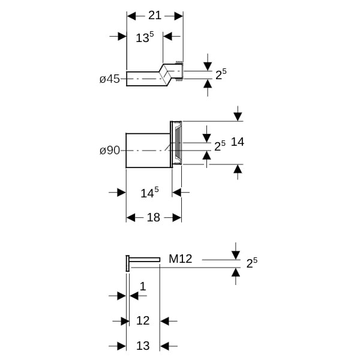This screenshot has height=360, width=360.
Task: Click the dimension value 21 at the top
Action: (x=155, y=16)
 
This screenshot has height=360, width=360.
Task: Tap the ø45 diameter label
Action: (x=110, y=79)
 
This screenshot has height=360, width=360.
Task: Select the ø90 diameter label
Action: (x=110, y=150)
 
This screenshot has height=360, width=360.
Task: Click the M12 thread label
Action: (x=180, y=259)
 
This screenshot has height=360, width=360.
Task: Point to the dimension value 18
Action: (x=154, y=217)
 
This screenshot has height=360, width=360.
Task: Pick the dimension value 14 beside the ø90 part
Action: (x=238, y=142)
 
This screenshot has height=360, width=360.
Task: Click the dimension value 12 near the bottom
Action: (x=143, y=320)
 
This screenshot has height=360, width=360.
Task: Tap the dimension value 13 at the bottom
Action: (x=143, y=346)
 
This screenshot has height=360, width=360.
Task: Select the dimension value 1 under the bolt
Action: (x=143, y=286)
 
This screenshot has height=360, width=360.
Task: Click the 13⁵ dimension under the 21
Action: (x=145, y=38)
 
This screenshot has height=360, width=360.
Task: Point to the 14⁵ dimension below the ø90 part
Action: (x=149, y=193)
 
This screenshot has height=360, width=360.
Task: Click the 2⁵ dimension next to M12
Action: (x=252, y=262)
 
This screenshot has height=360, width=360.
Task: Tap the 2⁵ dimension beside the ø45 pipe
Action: (x=221, y=74)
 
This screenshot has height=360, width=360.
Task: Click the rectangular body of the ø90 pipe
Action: (x=148, y=150)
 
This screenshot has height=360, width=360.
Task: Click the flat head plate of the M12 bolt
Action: (x=127, y=263)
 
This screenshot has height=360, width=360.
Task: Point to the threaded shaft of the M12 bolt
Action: (x=145, y=259)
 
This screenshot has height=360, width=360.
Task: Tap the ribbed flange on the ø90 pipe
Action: (x=176, y=142)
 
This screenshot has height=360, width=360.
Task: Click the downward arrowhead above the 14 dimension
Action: (x=238, y=115)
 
